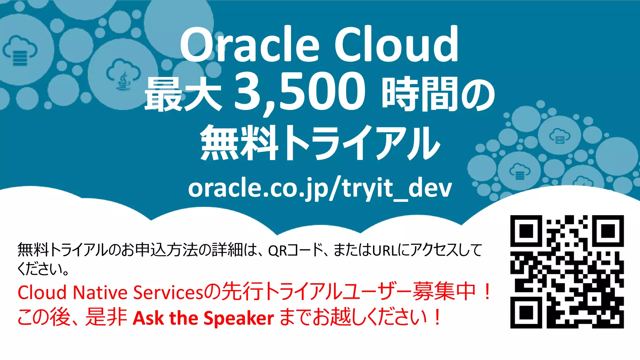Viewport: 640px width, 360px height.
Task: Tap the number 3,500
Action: (x=299, y=92)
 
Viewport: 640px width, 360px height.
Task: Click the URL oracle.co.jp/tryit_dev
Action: (x=320, y=188)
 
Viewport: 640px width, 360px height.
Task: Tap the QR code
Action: (x=567, y=272)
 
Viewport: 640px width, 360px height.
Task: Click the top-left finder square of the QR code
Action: (x=526, y=231)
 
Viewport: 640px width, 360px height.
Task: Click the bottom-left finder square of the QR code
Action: (x=526, y=312)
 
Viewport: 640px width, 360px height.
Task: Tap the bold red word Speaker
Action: (x=239, y=318)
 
